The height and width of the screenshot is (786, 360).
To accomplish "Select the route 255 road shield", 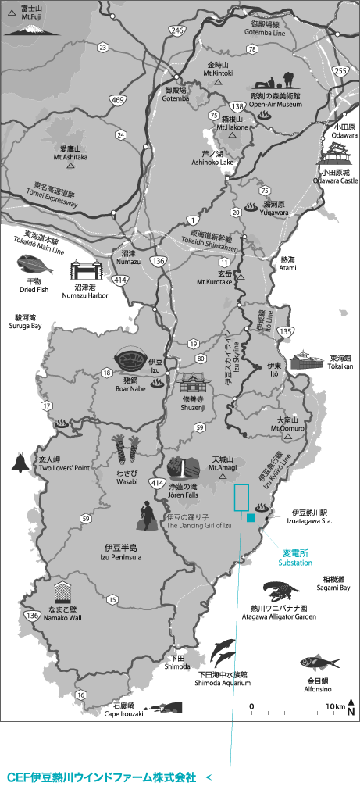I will tap(340, 70).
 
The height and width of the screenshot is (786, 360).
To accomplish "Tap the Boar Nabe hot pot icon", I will tap(130, 362).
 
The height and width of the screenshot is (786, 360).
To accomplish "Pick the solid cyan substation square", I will tap(250, 518).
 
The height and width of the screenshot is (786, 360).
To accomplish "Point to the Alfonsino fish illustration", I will tap(321, 663).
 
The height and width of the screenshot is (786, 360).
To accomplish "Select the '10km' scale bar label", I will tap(336, 706).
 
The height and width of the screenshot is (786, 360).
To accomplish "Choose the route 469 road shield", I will tap(118, 100).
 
